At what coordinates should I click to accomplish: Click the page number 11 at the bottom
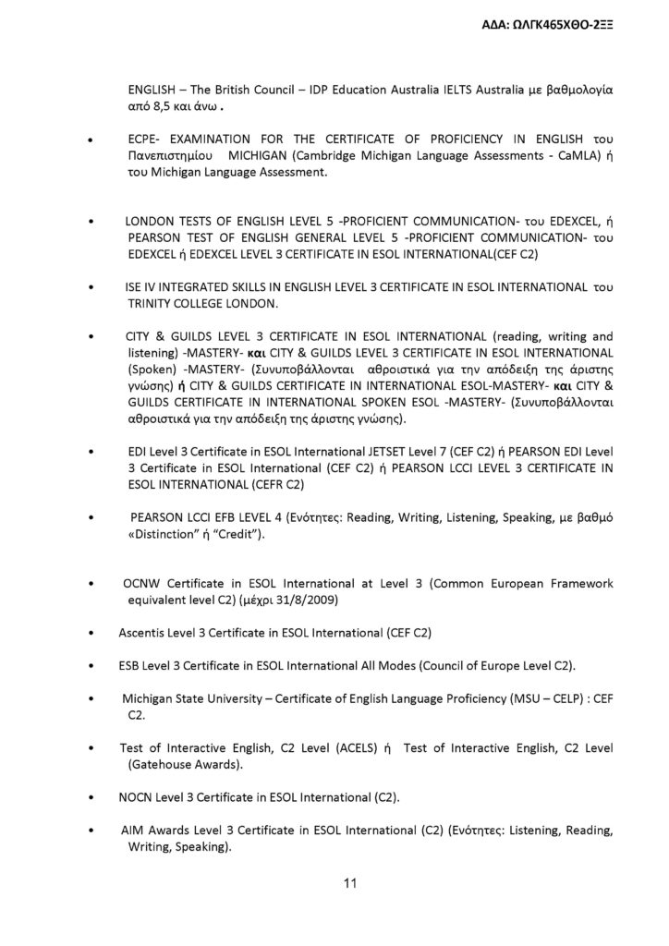click(350, 883)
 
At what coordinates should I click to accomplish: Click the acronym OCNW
click(142, 584)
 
